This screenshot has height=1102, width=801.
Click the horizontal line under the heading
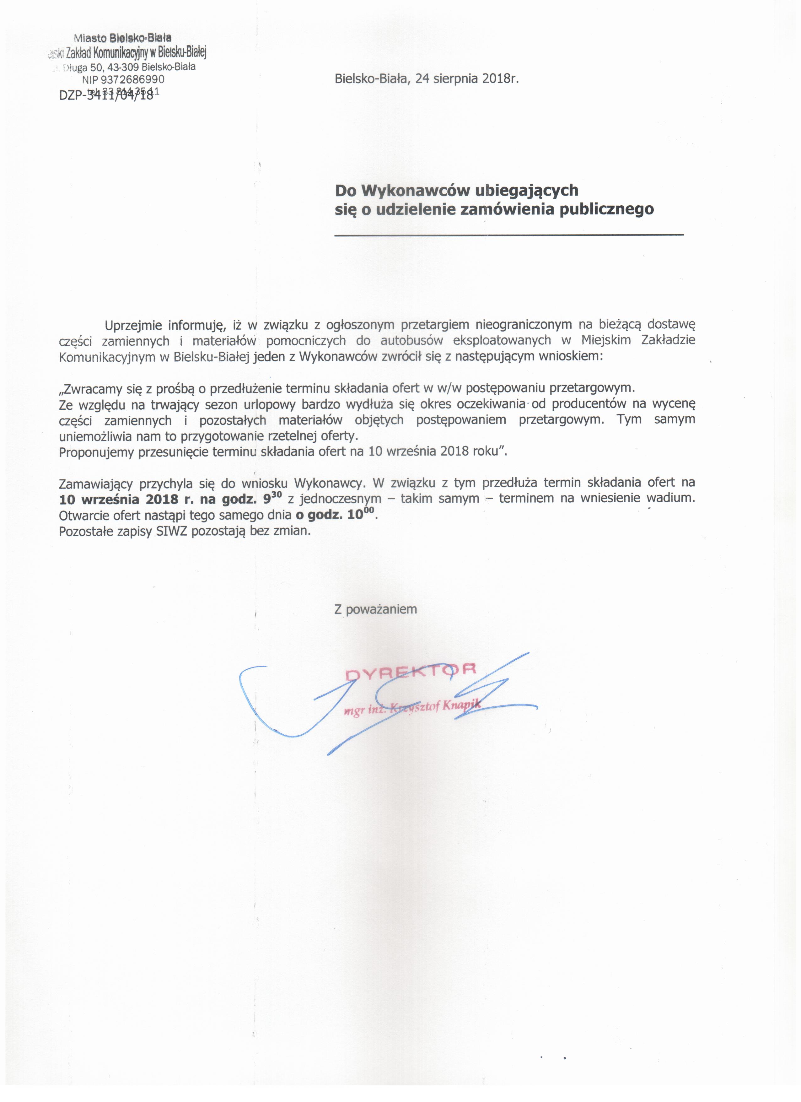pyautogui.click(x=508, y=235)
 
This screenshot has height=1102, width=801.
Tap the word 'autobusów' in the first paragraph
pyautogui.click(x=408, y=340)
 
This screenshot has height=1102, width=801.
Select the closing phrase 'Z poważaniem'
pyautogui.click(x=375, y=609)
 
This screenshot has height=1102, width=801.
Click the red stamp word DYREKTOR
pyautogui.click(x=411, y=672)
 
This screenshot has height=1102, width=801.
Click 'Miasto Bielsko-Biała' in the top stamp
pyautogui.click(x=122, y=37)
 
